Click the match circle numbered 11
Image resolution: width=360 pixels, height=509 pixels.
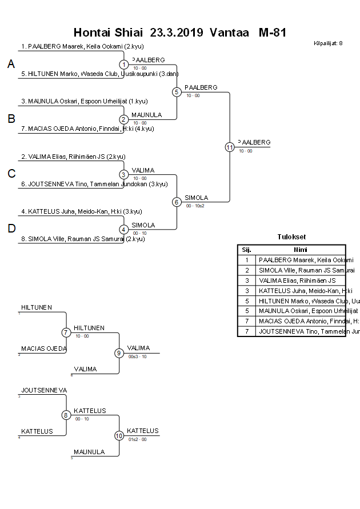tap(229, 147)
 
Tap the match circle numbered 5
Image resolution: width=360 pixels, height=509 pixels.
tap(177, 91)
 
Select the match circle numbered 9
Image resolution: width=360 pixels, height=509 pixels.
tap(119, 353)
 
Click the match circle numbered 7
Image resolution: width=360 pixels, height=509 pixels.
tap(66, 332)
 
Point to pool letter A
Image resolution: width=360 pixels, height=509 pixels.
tap(11, 65)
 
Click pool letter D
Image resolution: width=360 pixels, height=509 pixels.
tap(11, 229)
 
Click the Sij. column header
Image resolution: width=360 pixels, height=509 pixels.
tap(247, 250)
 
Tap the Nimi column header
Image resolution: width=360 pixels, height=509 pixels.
tap(300, 250)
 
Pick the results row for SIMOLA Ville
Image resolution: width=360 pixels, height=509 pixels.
tap(300, 270)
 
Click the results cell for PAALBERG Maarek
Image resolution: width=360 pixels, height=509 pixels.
tap(300, 260)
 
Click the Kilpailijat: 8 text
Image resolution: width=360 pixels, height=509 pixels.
tap(328, 43)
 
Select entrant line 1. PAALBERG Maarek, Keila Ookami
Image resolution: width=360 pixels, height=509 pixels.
tap(80, 47)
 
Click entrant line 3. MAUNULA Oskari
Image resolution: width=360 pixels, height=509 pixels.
tap(84, 101)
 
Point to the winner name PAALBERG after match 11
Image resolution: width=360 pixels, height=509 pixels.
tap(254, 142)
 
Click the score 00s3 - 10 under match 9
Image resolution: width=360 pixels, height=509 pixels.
tap(137, 356)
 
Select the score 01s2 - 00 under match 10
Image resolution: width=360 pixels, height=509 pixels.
tap(137, 439)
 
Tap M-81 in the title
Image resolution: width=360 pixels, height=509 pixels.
tap(272, 32)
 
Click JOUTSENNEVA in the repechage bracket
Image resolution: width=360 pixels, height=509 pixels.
tap(44, 390)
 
